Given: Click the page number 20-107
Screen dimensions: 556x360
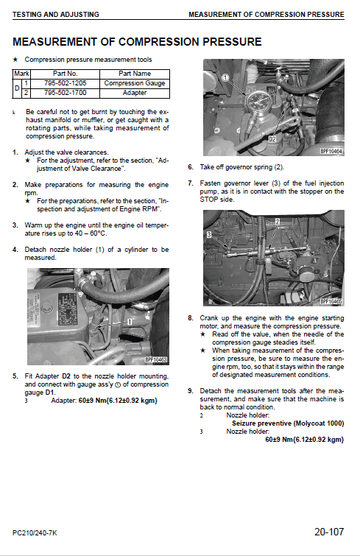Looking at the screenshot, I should point(328,530).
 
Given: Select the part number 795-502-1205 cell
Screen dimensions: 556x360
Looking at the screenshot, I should point(66,83).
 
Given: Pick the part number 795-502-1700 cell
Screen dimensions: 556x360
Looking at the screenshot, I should point(66,93).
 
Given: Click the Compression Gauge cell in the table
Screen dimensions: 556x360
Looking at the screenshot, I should point(135,83).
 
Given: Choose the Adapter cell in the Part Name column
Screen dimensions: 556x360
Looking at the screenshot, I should point(135,93).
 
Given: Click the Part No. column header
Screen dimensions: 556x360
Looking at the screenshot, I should point(66,74).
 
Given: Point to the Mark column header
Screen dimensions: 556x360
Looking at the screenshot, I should point(21,74).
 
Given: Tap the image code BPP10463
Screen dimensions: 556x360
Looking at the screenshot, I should point(156,359).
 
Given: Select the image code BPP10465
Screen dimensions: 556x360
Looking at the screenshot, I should point(331,300).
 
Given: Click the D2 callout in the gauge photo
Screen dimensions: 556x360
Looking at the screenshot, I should point(272,138).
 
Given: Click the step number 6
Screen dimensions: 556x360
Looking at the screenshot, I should point(191,167).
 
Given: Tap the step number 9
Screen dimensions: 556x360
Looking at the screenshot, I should point(191,390).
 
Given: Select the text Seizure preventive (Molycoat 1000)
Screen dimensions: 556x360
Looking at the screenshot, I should point(288,423).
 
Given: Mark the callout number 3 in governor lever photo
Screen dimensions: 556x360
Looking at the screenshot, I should point(209,234).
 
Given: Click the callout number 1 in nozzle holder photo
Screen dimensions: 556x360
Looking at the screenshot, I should point(129,322).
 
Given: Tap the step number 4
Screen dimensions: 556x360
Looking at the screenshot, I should point(15,250).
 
